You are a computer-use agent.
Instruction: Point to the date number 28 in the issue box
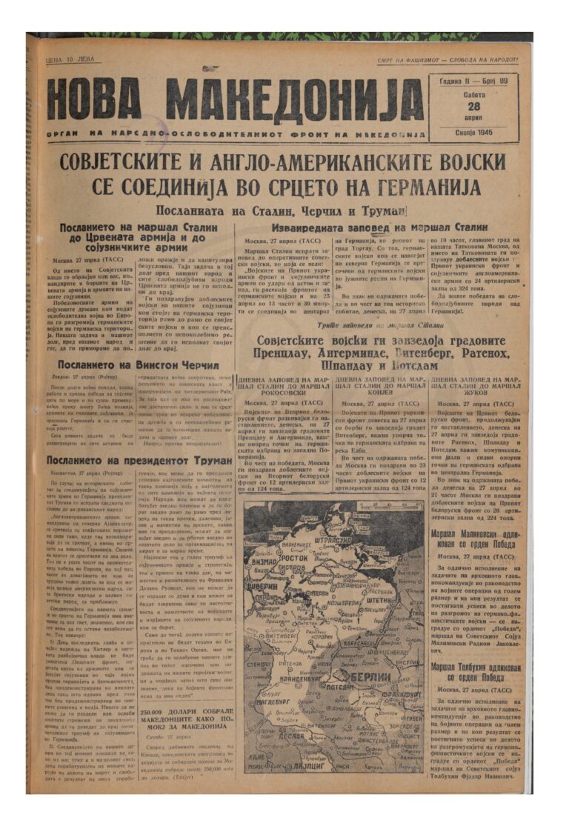tap(473, 106)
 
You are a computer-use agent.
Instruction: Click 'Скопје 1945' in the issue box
tap(473, 133)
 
